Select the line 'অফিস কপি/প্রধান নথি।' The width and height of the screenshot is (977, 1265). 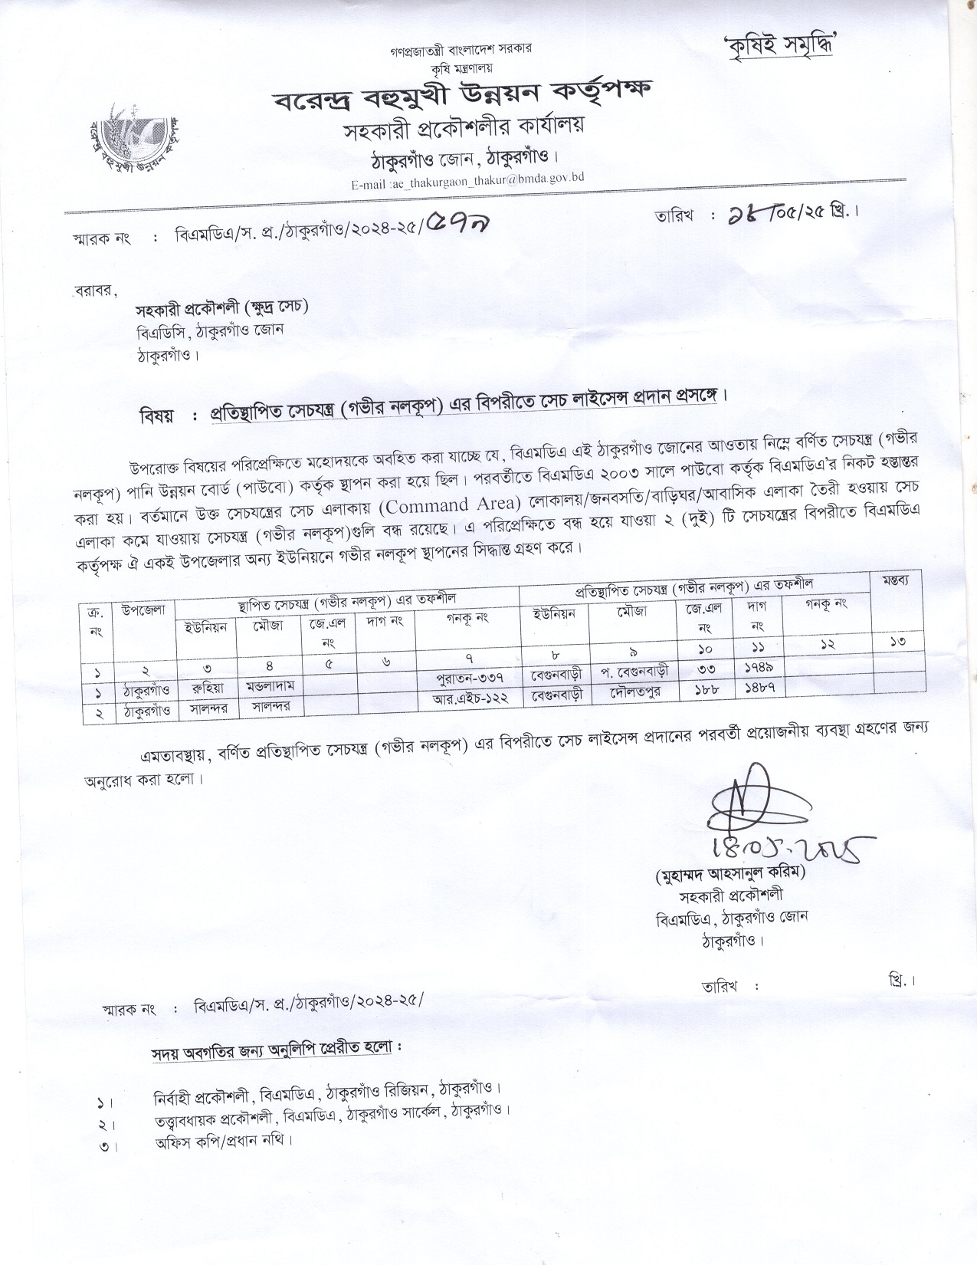click(224, 1139)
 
